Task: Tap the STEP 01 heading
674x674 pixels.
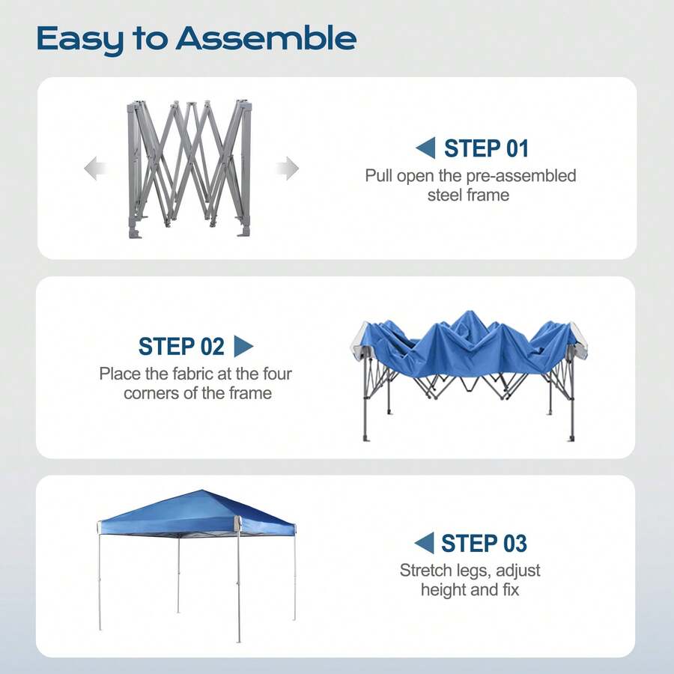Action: [486, 148]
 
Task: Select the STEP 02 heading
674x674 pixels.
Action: [181, 347]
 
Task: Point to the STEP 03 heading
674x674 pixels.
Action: [484, 543]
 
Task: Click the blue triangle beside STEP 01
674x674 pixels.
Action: [425, 148]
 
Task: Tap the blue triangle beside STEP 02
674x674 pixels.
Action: [243, 347]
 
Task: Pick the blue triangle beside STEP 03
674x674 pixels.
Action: [424, 543]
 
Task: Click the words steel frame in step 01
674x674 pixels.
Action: [468, 195]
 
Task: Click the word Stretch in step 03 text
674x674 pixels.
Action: [425, 571]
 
